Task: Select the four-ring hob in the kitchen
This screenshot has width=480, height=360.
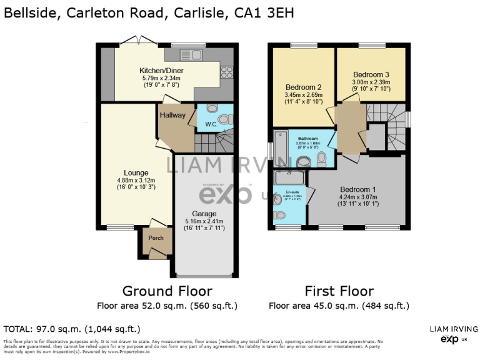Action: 226,72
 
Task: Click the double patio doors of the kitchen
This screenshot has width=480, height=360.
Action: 139,42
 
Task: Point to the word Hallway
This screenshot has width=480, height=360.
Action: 172,115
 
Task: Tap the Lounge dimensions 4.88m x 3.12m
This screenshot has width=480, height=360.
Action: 136,181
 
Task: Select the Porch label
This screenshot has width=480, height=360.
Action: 154,238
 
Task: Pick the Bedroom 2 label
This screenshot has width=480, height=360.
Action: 303,87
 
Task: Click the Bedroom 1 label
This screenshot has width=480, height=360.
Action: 358,189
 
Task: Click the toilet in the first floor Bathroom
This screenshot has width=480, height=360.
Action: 321,161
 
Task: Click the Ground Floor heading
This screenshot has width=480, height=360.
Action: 167,291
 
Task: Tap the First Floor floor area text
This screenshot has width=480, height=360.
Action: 339,306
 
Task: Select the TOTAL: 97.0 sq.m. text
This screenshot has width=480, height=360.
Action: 72,329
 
